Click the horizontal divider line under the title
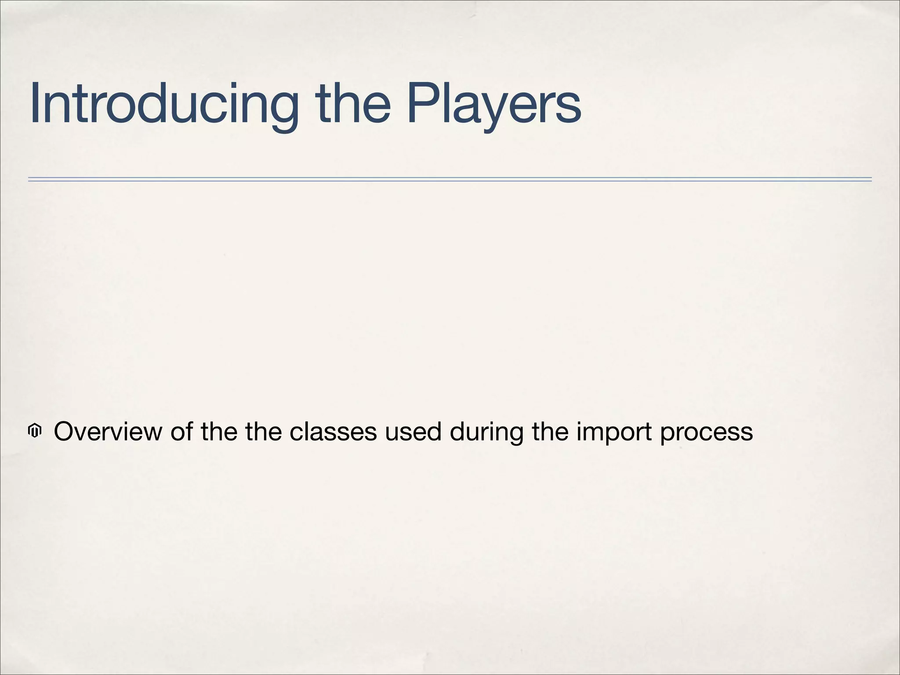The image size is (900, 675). (450, 179)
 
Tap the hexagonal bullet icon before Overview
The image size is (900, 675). (34, 431)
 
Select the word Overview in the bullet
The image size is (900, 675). (108, 432)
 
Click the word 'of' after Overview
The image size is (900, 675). (181, 432)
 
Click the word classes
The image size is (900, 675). (333, 432)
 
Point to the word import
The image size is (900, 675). (614, 432)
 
